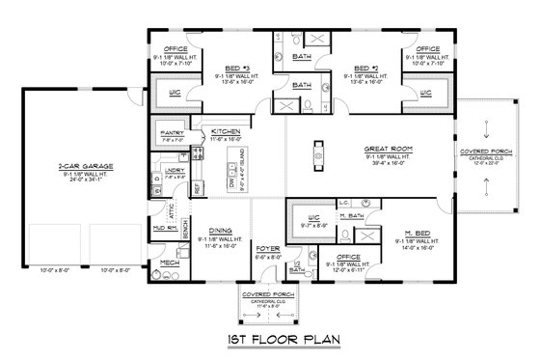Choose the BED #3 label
coord(225,69)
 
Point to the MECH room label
coord(169,262)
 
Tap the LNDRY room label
coord(175,170)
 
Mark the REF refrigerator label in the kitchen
coord(198,188)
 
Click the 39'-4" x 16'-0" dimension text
coord(390,164)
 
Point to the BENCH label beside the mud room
coord(184,230)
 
